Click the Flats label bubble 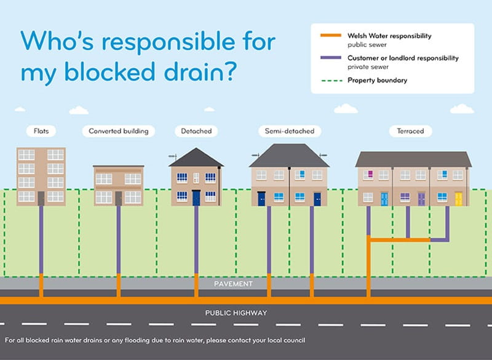(41, 131)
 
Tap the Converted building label (119, 131)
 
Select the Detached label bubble (196, 131)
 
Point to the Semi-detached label (289, 131)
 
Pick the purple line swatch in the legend (331, 58)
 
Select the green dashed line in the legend (331, 80)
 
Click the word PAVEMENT (233, 284)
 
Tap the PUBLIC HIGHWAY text (236, 313)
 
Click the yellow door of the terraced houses (458, 199)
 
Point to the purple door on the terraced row (421, 199)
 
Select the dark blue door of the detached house (196, 198)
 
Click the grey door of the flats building (41, 198)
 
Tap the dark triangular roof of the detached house (196, 158)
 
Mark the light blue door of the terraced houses (384, 199)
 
